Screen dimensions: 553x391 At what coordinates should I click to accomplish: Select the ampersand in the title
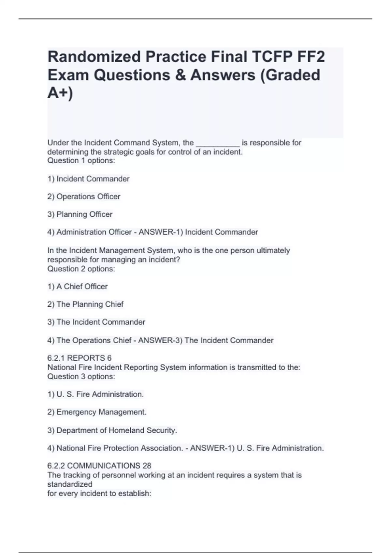(180, 75)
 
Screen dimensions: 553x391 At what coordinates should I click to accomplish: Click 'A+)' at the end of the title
(60, 93)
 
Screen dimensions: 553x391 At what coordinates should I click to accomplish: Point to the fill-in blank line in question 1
(218, 143)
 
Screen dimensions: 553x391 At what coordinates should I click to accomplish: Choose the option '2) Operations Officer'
(84, 196)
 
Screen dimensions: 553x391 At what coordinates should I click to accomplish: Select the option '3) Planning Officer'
(80, 214)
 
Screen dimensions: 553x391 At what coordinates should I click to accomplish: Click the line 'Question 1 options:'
(81, 161)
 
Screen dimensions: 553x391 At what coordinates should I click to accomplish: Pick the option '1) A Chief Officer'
(78, 287)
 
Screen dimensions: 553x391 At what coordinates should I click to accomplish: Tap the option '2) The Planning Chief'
(85, 304)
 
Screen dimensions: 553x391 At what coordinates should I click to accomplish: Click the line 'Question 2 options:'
(81, 269)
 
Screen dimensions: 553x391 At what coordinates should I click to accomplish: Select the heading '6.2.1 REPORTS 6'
(80, 358)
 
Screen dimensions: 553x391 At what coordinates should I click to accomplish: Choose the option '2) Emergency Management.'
(97, 412)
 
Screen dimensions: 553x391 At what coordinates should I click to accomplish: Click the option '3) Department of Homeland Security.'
(112, 430)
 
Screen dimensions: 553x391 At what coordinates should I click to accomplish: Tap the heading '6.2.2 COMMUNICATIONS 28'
(99, 466)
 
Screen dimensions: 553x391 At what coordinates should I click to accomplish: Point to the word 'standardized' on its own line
(70, 484)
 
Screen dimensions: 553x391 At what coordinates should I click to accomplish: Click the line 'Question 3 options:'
(81, 377)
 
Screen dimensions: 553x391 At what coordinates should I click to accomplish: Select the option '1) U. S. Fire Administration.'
(95, 395)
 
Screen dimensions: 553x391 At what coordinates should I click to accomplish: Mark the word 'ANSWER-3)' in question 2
(160, 341)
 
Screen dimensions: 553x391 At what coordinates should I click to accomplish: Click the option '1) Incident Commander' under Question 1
(88, 179)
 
